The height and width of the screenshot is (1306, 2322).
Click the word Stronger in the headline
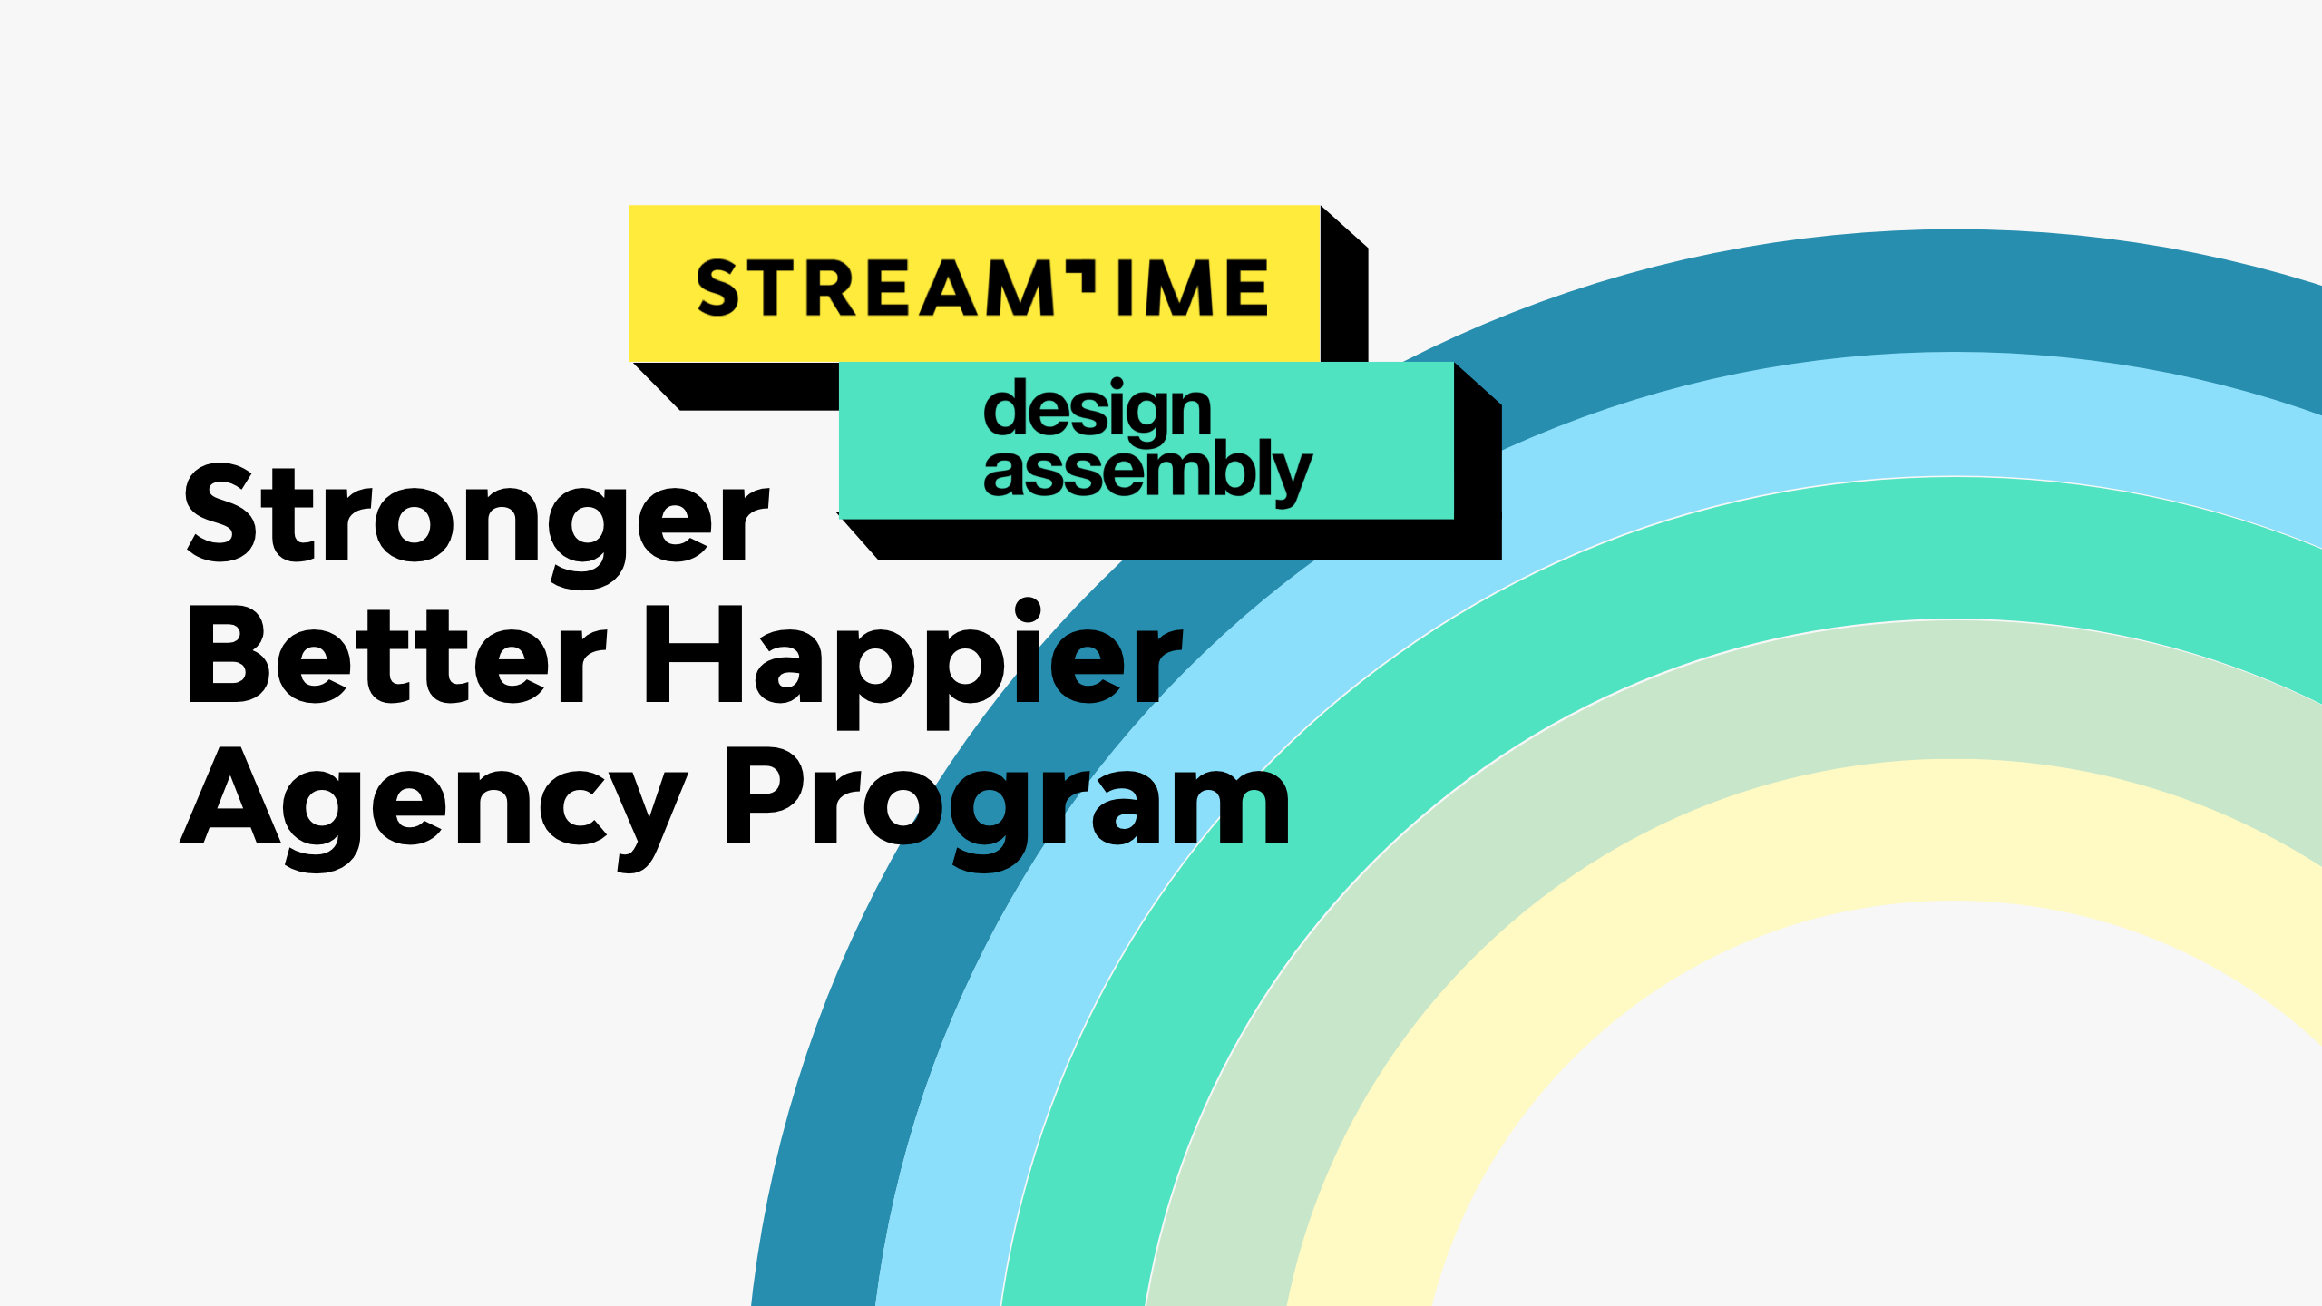476,517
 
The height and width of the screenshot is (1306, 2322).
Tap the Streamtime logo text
981,288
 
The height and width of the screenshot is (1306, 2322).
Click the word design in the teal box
1098,410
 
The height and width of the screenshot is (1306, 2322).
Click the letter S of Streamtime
718,288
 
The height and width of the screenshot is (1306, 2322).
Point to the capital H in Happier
694,655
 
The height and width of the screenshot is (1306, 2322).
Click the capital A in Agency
230,798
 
